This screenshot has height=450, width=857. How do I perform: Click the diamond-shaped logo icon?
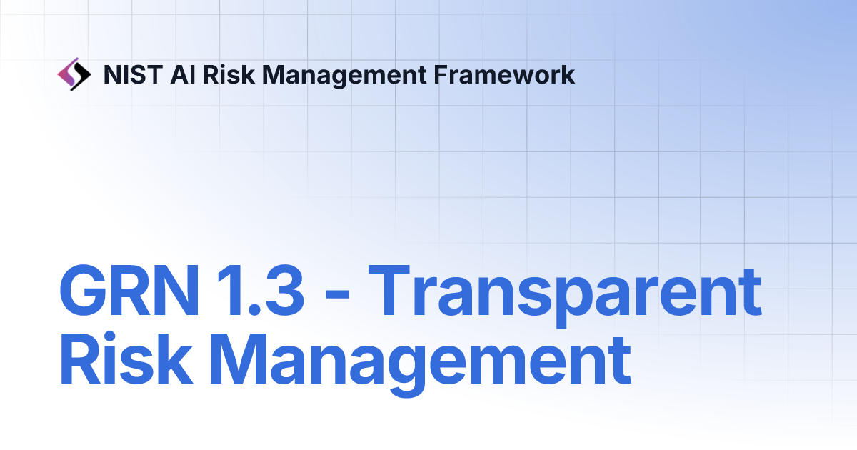click(74, 74)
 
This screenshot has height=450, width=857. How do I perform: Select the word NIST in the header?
click(133, 74)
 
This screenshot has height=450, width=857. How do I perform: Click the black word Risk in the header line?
click(229, 74)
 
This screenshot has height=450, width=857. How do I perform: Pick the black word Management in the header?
click(344, 76)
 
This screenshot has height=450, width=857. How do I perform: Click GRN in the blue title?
click(129, 290)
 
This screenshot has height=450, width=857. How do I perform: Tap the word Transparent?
click(565, 296)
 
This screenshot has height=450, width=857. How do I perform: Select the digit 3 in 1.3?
click(283, 290)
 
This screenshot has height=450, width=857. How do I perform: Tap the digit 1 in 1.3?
click(229, 290)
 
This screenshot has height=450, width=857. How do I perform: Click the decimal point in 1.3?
click(254, 309)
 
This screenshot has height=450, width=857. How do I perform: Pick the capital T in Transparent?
click(389, 290)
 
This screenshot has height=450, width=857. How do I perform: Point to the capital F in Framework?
click(441, 74)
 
